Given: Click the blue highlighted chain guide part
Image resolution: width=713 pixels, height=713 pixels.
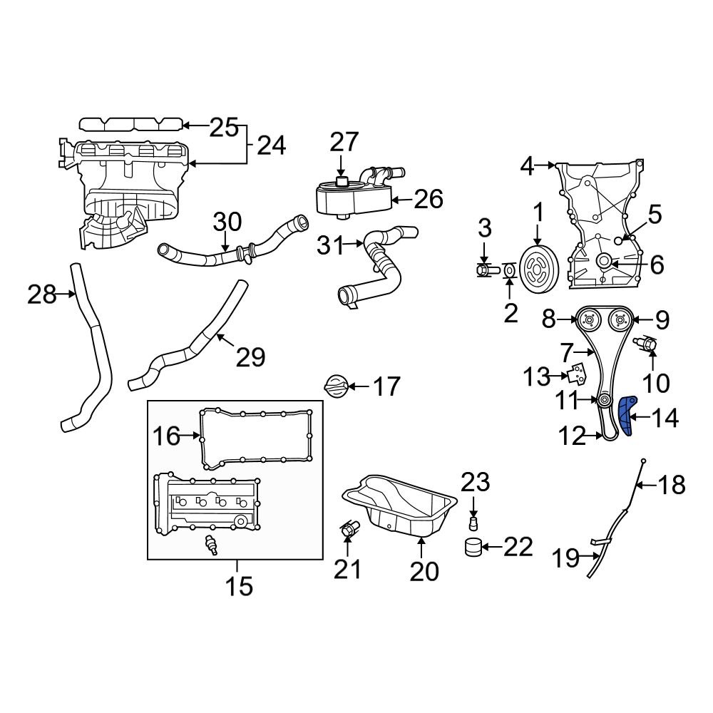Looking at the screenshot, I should point(626,416).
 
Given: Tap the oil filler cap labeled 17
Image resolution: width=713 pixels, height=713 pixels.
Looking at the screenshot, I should point(336,387).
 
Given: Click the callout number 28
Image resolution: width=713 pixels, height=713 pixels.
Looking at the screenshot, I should point(41,294).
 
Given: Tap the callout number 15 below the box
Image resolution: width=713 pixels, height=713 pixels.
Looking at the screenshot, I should point(239,586).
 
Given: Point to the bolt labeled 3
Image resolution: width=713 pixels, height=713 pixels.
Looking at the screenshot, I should point(485,271).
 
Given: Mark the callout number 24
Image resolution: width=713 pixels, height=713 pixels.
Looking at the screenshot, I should point(271,145).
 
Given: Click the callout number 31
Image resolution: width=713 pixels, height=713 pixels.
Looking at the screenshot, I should point(331,246).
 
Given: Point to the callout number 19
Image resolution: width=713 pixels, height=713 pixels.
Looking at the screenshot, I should point(567,558).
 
